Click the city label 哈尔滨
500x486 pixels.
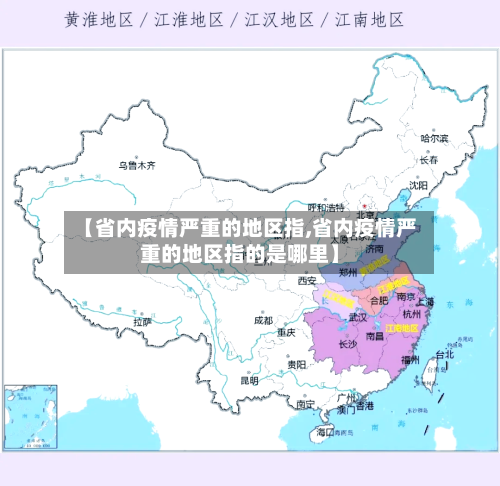[x=434, y=138]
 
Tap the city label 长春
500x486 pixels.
[x=429, y=159]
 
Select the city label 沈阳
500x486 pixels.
[x=418, y=185]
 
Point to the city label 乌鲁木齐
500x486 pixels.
[x=137, y=164]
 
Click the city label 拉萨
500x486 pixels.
[x=143, y=322]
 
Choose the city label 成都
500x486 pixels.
[x=263, y=320]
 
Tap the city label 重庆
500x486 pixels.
[x=286, y=332]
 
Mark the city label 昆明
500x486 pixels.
[x=249, y=380]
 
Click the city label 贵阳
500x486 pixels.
[x=296, y=365]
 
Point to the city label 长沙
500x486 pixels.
[x=348, y=344]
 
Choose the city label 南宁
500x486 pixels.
[x=306, y=405]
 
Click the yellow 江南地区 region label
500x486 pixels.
[x=402, y=327]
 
